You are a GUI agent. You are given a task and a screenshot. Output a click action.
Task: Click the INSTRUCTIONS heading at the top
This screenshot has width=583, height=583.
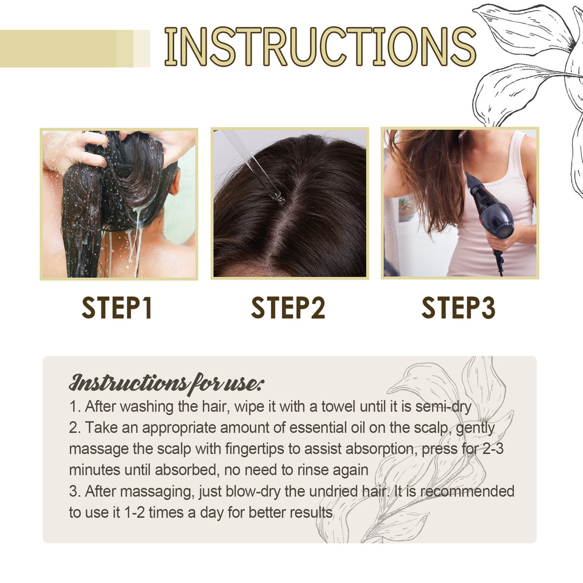click(320, 46)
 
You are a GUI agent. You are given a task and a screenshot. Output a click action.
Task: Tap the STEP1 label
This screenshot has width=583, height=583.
click(117, 308)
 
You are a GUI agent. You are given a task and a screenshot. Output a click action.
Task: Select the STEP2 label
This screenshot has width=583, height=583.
click(288, 308)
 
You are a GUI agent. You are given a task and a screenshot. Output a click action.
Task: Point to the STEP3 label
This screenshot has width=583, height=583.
click(458, 308)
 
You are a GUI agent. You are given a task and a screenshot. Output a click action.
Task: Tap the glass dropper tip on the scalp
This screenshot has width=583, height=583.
click(278, 197)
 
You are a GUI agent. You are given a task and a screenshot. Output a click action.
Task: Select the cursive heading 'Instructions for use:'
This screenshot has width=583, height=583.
click(166, 383)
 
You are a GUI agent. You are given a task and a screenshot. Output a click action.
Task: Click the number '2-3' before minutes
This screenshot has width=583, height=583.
click(492, 449)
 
